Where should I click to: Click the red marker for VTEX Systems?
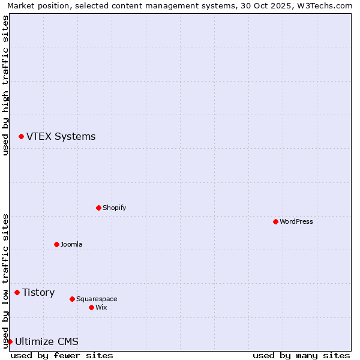click(x=21, y=137)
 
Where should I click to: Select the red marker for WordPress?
click(x=275, y=221)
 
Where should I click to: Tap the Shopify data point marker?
click(x=98, y=208)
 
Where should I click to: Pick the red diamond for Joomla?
click(x=56, y=244)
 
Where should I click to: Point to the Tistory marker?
click(x=17, y=292)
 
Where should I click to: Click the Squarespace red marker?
click(x=72, y=299)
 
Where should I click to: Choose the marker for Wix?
click(x=91, y=307)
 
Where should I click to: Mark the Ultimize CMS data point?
click(x=10, y=341)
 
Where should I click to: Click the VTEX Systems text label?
click(x=61, y=137)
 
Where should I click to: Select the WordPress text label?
click(x=296, y=221)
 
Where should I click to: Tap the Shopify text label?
click(x=114, y=208)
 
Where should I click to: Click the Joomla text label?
click(x=71, y=244)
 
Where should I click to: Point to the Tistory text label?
click(x=38, y=292)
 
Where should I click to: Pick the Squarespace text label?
click(x=97, y=299)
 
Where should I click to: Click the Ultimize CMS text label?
click(x=46, y=341)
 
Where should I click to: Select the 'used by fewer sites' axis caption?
click(x=62, y=355)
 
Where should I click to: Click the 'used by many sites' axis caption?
click(x=301, y=355)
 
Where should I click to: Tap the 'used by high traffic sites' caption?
click(x=5, y=85)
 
